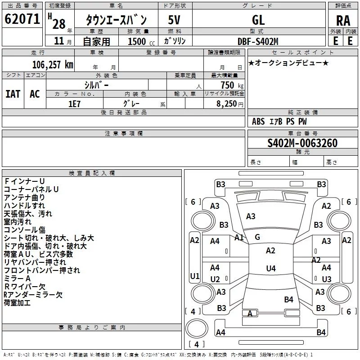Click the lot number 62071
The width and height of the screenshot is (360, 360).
click(x=22, y=19)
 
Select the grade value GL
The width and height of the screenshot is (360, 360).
click(x=258, y=20)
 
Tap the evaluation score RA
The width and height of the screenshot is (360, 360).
click(x=343, y=21)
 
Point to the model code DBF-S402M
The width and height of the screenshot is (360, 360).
click(x=258, y=41)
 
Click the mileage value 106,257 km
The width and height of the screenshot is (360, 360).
click(x=53, y=65)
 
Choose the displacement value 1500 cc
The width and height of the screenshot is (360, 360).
click(x=141, y=41)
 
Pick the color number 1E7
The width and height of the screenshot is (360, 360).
click(x=74, y=104)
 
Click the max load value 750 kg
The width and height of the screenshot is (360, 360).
click(x=232, y=85)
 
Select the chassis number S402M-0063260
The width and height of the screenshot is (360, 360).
click(x=302, y=143)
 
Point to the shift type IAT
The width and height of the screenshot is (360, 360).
click(x=13, y=94)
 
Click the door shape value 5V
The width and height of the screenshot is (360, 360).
click(x=174, y=20)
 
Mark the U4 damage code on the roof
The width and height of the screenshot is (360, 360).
click(x=271, y=268)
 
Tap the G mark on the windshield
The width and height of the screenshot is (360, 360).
click(x=257, y=237)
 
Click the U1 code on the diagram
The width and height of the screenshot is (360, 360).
click(x=195, y=276)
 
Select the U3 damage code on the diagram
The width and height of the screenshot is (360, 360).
click(x=327, y=279)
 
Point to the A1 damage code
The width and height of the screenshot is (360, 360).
click(x=239, y=238)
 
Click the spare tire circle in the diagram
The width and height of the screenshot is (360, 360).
click(x=197, y=328)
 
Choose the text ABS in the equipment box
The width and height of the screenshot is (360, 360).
click(x=258, y=121)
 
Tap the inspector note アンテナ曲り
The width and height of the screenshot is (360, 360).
click(x=24, y=198)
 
